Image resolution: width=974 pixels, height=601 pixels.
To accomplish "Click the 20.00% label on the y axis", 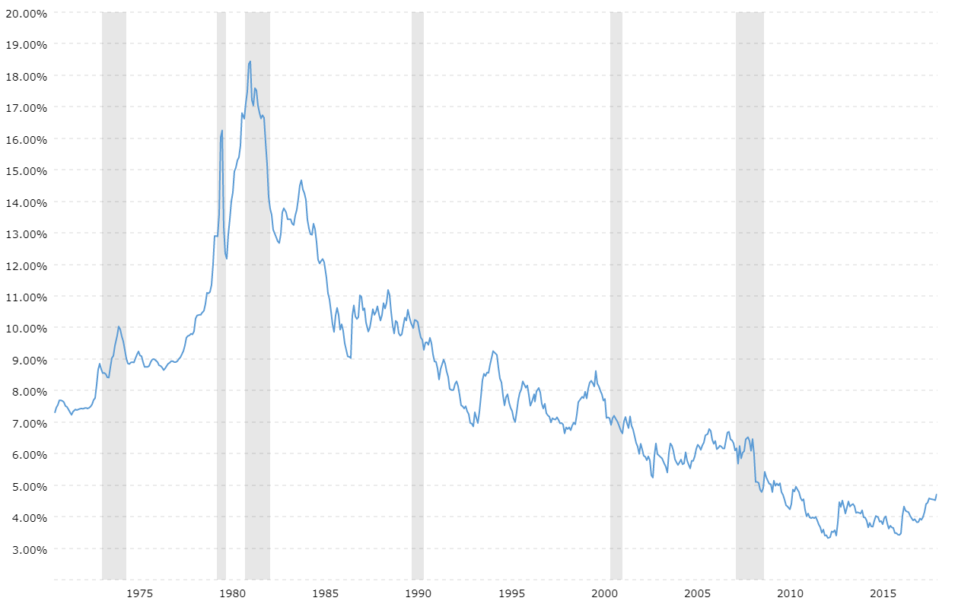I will [x=25, y=13].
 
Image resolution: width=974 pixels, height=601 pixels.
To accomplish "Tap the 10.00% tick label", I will [x=25, y=328].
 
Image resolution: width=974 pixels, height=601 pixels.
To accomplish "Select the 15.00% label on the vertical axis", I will [x=25, y=170].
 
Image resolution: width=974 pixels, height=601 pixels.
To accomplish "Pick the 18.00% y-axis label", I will [x=25, y=76].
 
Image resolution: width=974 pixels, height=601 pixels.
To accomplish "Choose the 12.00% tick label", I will [x=25, y=265].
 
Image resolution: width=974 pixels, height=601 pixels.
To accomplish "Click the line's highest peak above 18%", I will [x=250, y=61].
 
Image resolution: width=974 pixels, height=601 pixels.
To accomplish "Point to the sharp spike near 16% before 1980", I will [x=222, y=130].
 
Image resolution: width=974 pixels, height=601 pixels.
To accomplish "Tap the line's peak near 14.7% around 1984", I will [x=301, y=180].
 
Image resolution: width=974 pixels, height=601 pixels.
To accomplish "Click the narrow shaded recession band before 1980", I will [x=221, y=304].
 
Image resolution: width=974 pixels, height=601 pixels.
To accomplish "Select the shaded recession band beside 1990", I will [x=418, y=304].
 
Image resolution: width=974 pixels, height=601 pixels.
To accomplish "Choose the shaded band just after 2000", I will [x=616, y=304].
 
